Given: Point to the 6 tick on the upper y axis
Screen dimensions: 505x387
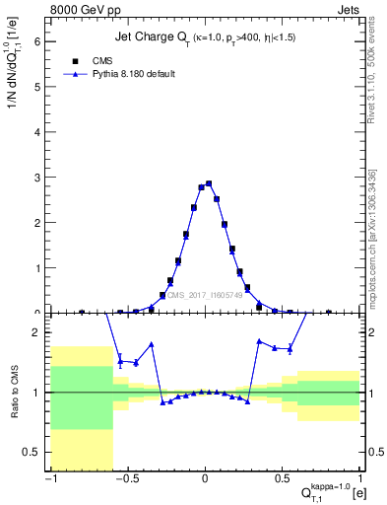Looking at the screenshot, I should [39, 40].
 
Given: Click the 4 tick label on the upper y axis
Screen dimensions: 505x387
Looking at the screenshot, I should [39, 131].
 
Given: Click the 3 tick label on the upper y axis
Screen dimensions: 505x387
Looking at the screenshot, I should [39, 177].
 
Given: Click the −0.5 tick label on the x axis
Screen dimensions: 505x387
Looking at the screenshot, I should [126, 480].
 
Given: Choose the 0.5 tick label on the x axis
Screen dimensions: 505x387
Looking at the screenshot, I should [283, 480].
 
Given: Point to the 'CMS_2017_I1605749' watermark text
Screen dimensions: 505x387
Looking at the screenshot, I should [207, 295].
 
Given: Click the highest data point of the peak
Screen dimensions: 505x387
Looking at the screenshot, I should [209, 183].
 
